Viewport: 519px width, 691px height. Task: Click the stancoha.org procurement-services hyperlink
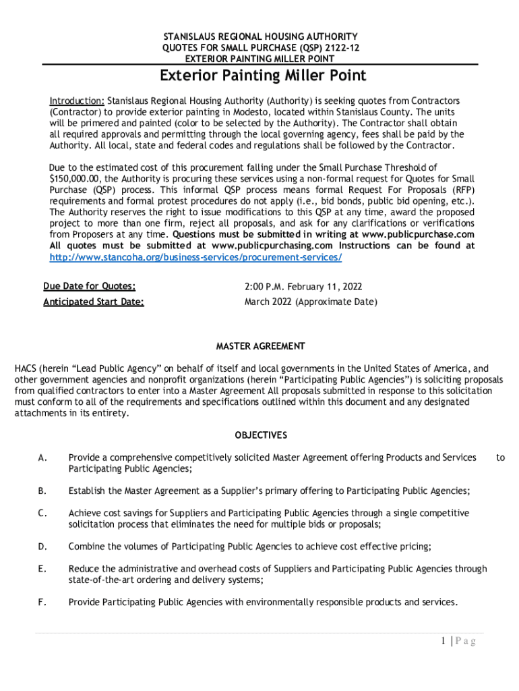click(x=195, y=257)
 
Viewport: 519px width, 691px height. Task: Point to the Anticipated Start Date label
click(x=94, y=302)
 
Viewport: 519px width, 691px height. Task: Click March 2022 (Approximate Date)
click(x=311, y=302)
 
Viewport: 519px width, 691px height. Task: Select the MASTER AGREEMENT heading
click(x=260, y=346)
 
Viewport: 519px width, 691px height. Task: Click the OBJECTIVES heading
click(x=261, y=435)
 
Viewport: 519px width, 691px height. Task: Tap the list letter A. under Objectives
click(x=42, y=458)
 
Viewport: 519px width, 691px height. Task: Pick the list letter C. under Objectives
click(x=42, y=513)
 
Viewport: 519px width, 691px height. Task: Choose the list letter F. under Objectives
click(x=42, y=601)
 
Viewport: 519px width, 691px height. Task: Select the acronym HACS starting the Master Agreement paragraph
click(x=26, y=368)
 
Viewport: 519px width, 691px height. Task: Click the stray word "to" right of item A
click(x=500, y=458)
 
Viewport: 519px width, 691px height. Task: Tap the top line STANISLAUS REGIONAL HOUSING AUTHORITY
click(x=260, y=36)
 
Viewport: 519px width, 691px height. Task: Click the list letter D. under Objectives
click(x=42, y=547)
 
